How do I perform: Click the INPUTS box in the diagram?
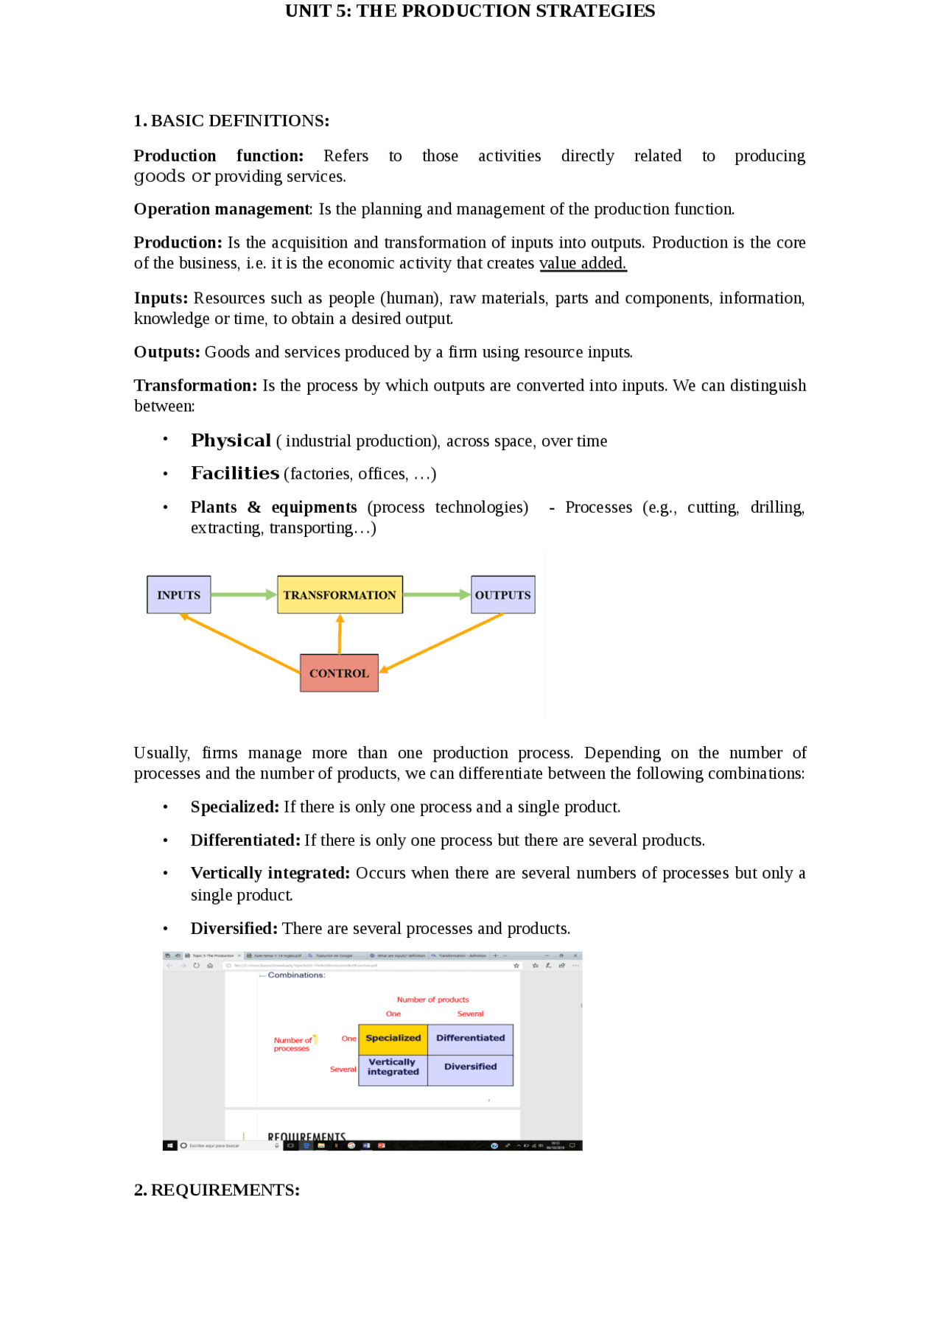178,594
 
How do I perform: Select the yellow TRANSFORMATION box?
340,594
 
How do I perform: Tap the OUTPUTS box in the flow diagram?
502,594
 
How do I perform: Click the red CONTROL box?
339,673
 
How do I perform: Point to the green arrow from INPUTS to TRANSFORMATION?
243,594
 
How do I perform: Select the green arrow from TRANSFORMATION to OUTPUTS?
436,594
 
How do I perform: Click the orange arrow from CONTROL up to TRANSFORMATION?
340,633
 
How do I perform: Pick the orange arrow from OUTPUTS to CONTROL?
442,642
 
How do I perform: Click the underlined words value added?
582,263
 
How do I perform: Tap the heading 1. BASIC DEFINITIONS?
231,121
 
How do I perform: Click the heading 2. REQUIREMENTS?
217,1190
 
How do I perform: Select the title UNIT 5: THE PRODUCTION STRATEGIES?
470,11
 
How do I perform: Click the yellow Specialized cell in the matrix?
393,1038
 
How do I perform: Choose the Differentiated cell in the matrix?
470,1038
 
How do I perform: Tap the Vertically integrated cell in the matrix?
393,1067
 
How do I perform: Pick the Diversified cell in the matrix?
470,1067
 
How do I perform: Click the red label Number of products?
432,1000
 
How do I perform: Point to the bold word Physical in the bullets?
231,440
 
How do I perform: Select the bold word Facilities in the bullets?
234,473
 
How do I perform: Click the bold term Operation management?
221,209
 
